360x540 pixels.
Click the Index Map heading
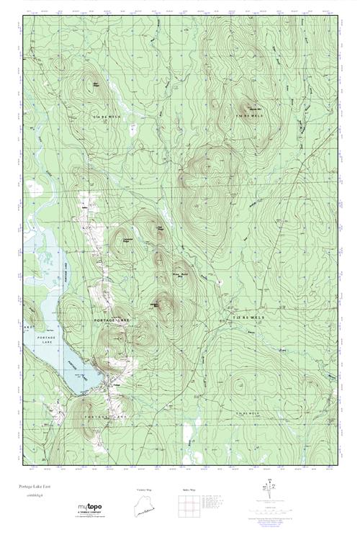pos(189,489)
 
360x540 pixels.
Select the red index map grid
pos(189,506)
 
